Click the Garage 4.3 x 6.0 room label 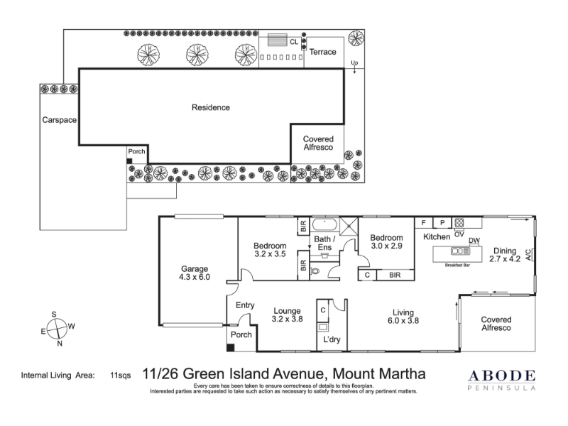click(195, 273)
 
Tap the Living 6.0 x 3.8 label click(403, 316)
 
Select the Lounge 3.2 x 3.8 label click(288, 315)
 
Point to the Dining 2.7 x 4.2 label click(505, 255)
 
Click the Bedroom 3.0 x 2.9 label click(386, 241)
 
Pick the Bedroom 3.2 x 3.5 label click(270, 250)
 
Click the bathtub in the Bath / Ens click(324, 225)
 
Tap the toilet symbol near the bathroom click(315, 271)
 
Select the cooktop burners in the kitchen click(459, 222)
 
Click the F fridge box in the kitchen click(423, 222)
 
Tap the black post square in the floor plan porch click(230, 348)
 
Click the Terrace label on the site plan click(323, 52)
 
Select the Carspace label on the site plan click(60, 120)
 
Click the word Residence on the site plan click(210, 107)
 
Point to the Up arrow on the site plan click(354, 67)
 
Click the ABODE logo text click(502, 376)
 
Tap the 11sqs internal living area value click(120, 376)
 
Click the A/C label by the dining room click(528, 255)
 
